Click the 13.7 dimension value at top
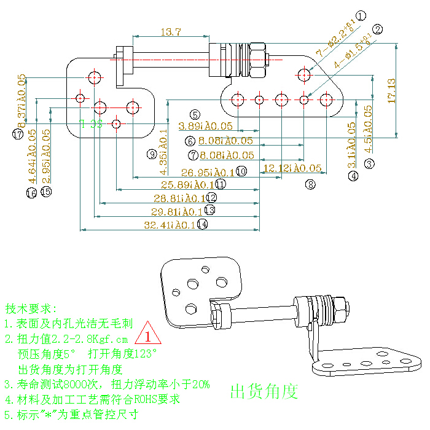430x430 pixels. tap(170, 32)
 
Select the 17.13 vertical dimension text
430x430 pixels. tap(392, 90)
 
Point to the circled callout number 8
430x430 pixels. tap(310, 183)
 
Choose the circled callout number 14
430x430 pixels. tap(202, 225)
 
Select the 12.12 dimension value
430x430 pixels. tap(292, 168)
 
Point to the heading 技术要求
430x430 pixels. tap(31, 308)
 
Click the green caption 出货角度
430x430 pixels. tap(264, 391)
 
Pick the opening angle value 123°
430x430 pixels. tap(145, 354)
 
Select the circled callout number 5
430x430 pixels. tap(195, 114)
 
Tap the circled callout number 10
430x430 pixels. tap(241, 171)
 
